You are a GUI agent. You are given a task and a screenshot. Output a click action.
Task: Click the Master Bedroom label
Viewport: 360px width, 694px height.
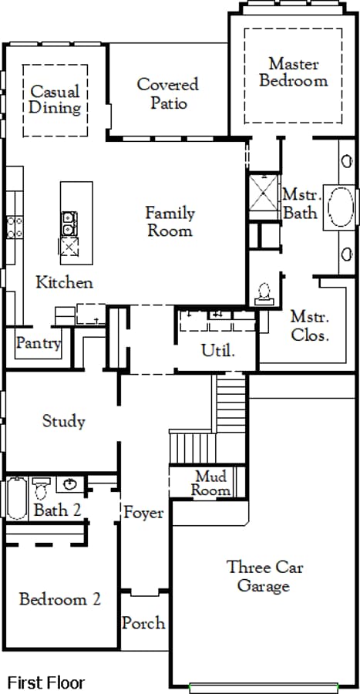(x=294, y=72)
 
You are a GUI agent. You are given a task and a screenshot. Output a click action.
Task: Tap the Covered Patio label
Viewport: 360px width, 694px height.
(x=168, y=93)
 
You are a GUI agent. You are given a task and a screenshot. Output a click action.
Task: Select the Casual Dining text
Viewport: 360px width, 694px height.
(x=56, y=99)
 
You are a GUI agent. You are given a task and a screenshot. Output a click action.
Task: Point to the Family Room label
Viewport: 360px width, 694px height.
(x=170, y=222)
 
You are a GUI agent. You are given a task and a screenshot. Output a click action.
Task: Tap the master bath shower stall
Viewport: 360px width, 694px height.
(x=264, y=193)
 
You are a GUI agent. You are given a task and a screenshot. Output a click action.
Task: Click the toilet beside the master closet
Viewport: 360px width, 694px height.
(x=264, y=294)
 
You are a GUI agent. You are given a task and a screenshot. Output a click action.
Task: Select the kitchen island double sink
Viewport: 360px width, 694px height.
(x=69, y=223)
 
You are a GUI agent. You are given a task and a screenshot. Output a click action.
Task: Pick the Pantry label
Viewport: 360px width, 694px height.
(x=39, y=343)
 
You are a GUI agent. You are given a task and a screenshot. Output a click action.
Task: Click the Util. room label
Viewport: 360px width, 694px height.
(x=217, y=351)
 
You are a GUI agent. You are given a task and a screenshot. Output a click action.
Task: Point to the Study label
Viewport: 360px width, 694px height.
(x=64, y=421)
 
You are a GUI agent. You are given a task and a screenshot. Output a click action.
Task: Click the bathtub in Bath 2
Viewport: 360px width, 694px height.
(x=17, y=498)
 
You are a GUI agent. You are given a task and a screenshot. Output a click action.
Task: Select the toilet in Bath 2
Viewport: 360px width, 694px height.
(x=41, y=488)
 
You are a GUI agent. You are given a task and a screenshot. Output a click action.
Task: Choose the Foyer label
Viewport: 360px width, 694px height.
(x=143, y=513)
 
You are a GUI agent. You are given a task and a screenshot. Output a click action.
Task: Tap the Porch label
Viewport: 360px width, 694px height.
(x=143, y=623)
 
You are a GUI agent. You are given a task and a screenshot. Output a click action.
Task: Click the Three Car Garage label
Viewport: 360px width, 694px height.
(x=264, y=576)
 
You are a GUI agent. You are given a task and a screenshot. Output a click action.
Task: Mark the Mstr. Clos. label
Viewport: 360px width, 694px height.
(x=310, y=325)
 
